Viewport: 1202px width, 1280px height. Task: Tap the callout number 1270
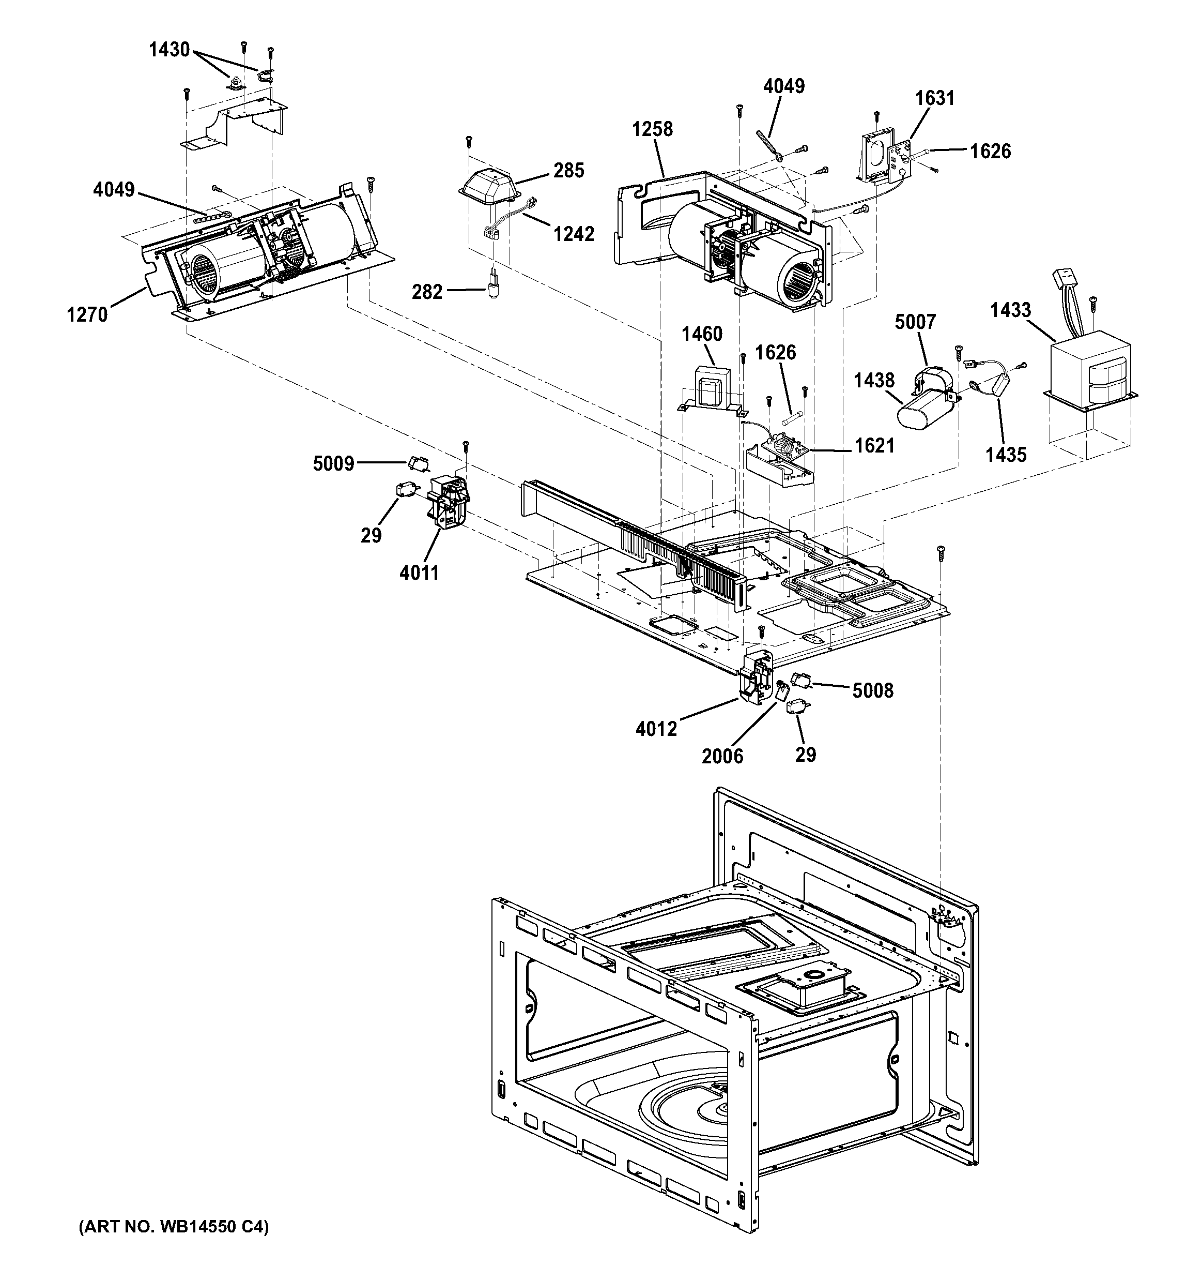[x=87, y=315]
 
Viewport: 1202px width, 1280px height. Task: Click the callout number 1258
[x=652, y=129]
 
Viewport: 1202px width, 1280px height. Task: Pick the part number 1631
[x=934, y=98]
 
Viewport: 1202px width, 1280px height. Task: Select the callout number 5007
[x=915, y=321]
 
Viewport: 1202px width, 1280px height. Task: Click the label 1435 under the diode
[x=1006, y=454]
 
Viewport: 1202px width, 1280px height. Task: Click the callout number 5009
[x=333, y=463]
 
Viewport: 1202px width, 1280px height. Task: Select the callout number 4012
[x=656, y=728]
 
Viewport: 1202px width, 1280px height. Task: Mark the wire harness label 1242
[x=574, y=233]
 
